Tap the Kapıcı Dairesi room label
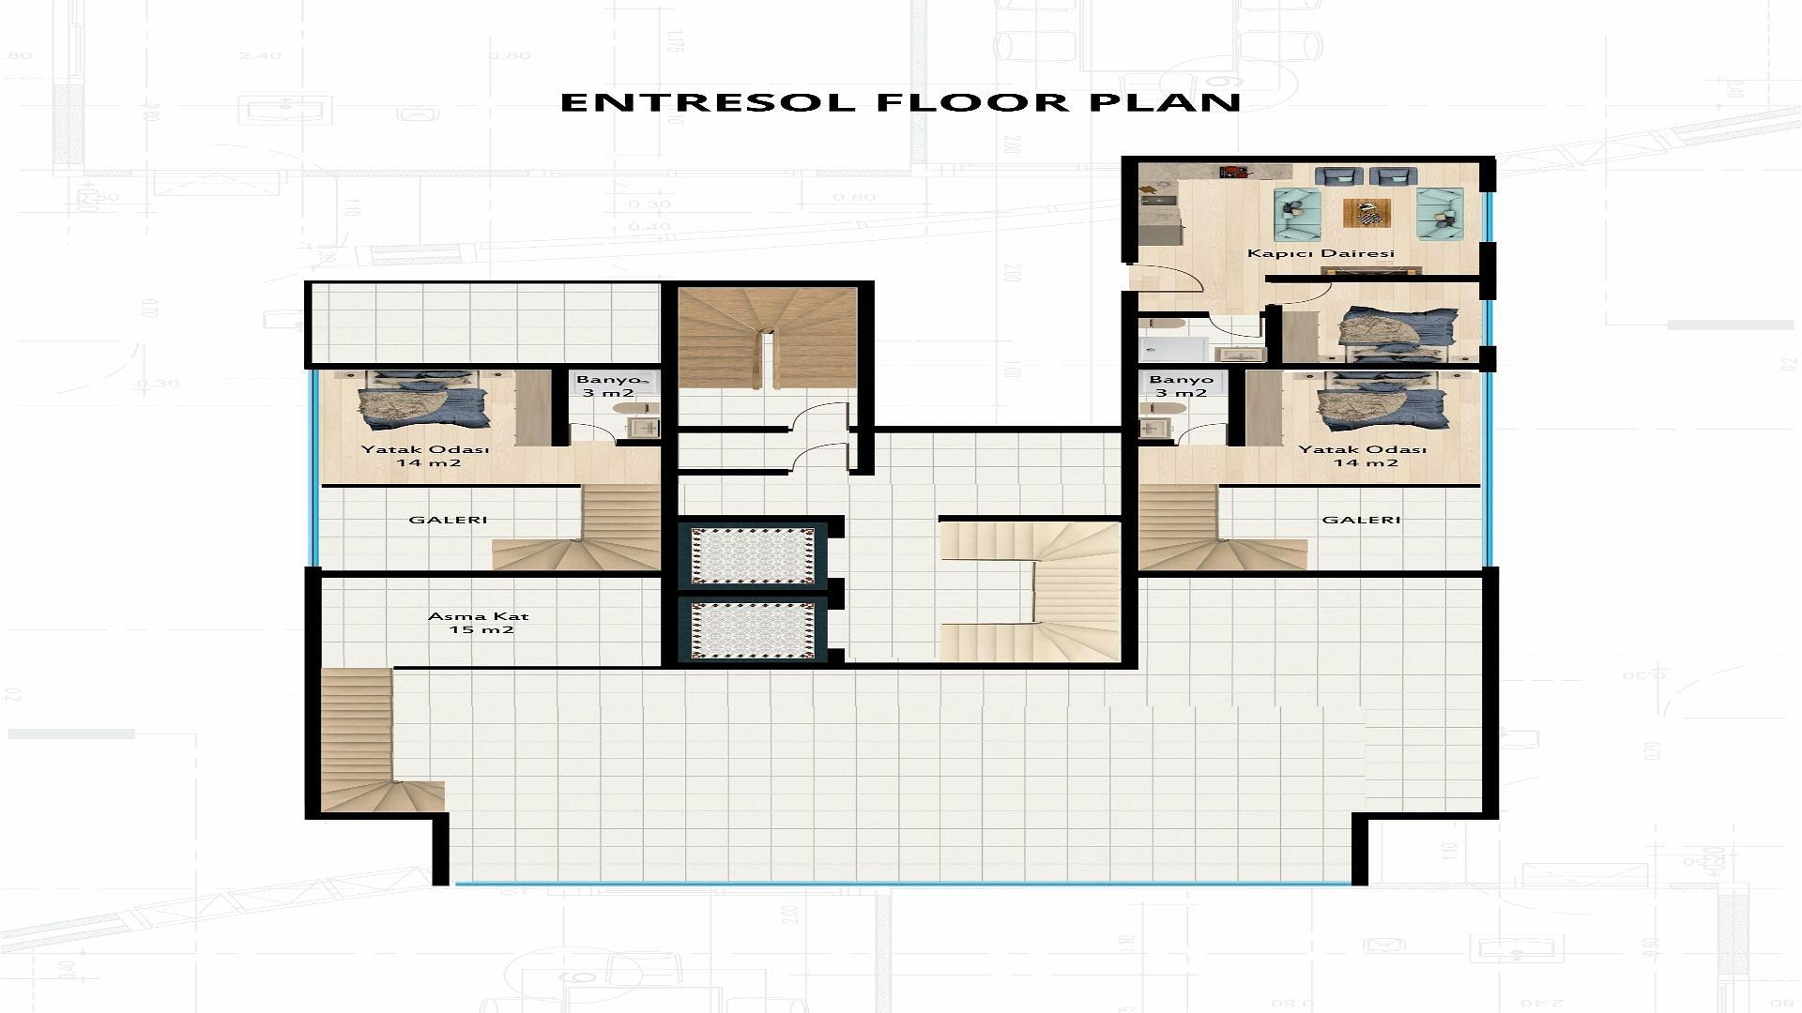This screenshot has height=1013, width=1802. click(x=1321, y=253)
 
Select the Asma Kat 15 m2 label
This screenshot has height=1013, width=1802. click(x=479, y=623)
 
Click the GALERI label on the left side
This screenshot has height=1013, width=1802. click(x=449, y=520)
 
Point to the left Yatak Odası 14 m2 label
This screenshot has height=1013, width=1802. click(x=425, y=456)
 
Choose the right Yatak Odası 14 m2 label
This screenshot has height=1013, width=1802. click(x=1362, y=456)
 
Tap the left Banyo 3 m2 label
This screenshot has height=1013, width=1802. click(x=612, y=386)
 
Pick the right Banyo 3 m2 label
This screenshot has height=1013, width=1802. click(x=1182, y=386)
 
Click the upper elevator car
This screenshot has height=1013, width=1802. click(x=753, y=556)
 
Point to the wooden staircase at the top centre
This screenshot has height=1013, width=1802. click(x=768, y=338)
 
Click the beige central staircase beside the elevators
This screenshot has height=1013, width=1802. click(x=1031, y=591)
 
